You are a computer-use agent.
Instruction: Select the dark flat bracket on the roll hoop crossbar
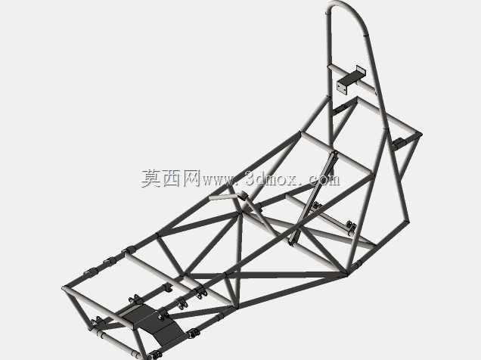tap(352, 78)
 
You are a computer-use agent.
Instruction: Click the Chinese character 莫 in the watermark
tap(151, 178)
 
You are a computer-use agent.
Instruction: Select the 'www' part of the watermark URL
tap(218, 180)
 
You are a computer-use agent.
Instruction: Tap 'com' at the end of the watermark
tap(324, 180)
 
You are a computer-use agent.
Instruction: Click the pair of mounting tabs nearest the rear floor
tap(352, 228)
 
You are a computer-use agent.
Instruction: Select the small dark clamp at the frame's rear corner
tap(399, 143)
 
